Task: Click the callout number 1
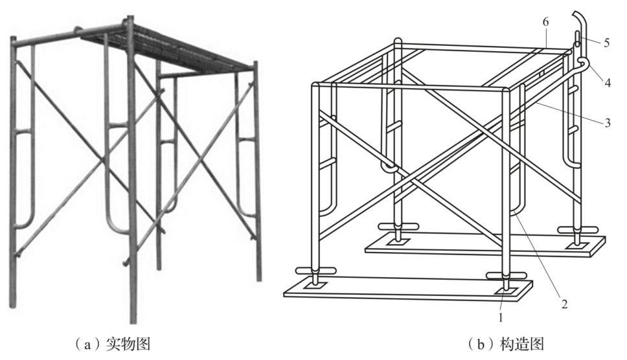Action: (x=500, y=317)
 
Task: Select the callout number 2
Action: (x=564, y=304)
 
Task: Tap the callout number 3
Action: (x=608, y=122)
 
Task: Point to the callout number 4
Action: (x=608, y=83)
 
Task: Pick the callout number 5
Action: (x=607, y=42)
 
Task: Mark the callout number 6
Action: (x=545, y=22)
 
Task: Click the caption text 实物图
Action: (x=128, y=343)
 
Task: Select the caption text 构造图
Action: (x=522, y=343)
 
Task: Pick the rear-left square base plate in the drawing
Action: (x=398, y=240)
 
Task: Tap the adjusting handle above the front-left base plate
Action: (x=315, y=271)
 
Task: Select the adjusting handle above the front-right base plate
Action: (x=507, y=276)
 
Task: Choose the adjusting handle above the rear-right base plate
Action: (x=578, y=229)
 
